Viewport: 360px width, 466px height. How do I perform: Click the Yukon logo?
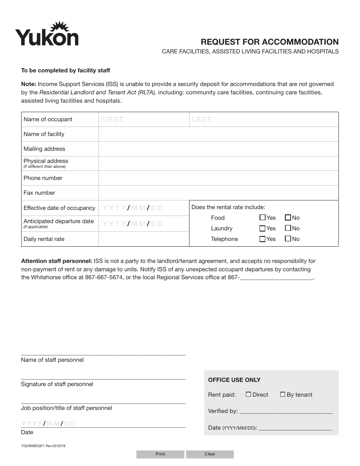[47, 34]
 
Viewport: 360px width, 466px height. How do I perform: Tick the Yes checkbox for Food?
[262, 217]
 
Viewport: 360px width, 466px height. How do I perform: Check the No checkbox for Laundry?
[288, 228]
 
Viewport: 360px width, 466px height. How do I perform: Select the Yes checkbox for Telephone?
[262, 239]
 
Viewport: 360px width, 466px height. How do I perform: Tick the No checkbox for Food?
[288, 217]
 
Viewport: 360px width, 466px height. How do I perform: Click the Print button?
[160, 454]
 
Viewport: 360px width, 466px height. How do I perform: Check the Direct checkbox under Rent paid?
[248, 394]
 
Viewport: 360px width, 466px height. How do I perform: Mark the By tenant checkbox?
[283, 394]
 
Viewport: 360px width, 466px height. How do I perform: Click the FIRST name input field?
[144, 119]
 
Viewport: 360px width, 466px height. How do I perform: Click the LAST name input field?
[263, 119]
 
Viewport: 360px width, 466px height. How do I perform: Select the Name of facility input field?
[218, 134]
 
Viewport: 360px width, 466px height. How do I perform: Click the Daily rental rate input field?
[144, 239]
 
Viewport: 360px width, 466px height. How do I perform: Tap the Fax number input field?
[218, 193]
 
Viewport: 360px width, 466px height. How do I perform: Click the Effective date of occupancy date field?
[144, 208]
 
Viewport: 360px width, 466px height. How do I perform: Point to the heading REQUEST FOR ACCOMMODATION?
[269, 42]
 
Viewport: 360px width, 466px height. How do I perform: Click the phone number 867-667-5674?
[106, 277]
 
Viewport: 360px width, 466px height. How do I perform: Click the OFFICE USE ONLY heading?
[234, 380]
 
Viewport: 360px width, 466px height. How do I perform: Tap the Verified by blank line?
[286, 411]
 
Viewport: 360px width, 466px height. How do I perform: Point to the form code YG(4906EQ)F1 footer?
[43, 446]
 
